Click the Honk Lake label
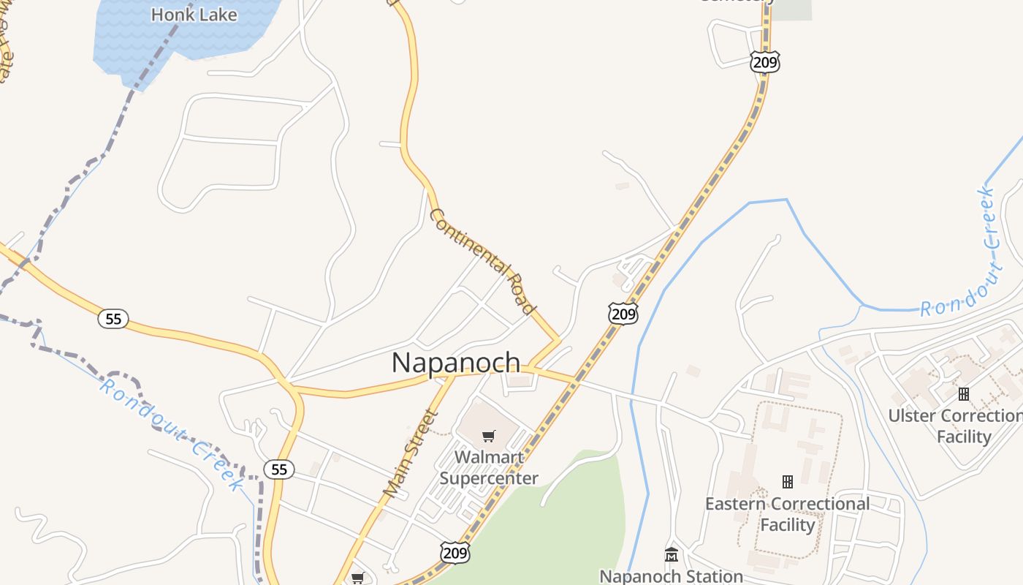194,14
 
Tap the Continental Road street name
483,261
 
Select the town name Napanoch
456,362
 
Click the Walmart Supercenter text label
489,468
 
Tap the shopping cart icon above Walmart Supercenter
489,437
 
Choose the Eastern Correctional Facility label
787,514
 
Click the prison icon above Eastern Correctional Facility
788,482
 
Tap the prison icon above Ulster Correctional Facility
964,394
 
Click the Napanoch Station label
671,576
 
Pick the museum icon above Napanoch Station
672,555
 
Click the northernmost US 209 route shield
764,62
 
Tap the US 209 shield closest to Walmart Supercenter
455,553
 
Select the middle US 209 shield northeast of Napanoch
623,314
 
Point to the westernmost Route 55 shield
113,319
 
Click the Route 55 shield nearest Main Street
279,469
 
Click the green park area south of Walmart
577,512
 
